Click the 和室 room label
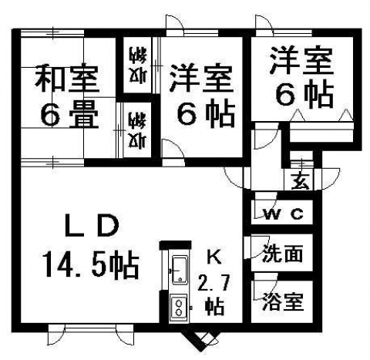point(66,79)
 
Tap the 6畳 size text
point(69,114)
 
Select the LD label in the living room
point(92,225)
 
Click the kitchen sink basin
point(180,270)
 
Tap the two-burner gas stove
point(178,308)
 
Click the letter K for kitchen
point(214,257)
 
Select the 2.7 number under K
point(214,282)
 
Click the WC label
point(284,214)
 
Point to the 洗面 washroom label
point(282,253)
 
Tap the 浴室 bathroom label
point(284,301)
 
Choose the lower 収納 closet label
point(138,130)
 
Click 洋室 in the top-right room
point(301,61)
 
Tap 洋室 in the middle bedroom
point(201,78)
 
